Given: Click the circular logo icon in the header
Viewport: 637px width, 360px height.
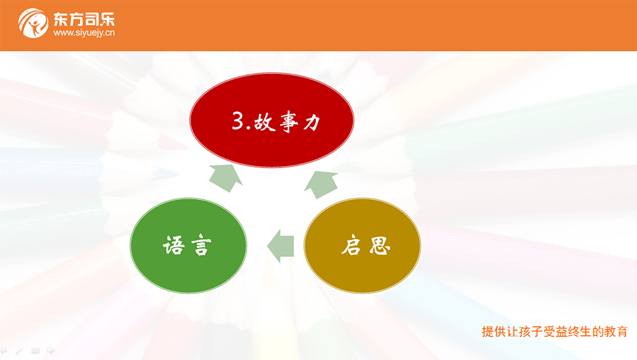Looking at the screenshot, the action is point(33,23).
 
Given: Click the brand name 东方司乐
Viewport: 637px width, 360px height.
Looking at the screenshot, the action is point(84,20).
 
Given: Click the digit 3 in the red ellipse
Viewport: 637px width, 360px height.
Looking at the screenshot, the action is point(238,120).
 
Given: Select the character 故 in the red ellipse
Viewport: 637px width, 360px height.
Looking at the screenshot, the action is point(264,122).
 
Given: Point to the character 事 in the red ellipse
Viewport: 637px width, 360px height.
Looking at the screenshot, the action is point(289,122).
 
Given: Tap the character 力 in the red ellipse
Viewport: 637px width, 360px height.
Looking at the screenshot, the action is point(312,122).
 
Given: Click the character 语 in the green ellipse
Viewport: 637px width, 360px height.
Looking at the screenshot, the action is point(174,245).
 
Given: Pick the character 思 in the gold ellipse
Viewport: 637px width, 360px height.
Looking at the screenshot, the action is point(380,245).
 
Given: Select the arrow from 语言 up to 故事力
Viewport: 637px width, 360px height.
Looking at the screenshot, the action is point(226,177).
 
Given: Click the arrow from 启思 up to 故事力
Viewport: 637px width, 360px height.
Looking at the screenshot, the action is point(321,184).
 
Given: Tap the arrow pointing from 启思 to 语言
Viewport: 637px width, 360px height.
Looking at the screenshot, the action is point(280,246).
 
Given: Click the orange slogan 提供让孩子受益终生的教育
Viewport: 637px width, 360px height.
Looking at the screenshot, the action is point(555,331).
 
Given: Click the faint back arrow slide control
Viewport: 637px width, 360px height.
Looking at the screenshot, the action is point(3,350).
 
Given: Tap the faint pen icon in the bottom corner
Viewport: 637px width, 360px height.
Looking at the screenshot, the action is point(19,350).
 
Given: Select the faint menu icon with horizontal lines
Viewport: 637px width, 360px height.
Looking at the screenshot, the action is point(35,350).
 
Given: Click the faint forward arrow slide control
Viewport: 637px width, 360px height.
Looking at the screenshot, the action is point(50,350).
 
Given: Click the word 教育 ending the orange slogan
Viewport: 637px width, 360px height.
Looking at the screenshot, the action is point(615,331).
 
